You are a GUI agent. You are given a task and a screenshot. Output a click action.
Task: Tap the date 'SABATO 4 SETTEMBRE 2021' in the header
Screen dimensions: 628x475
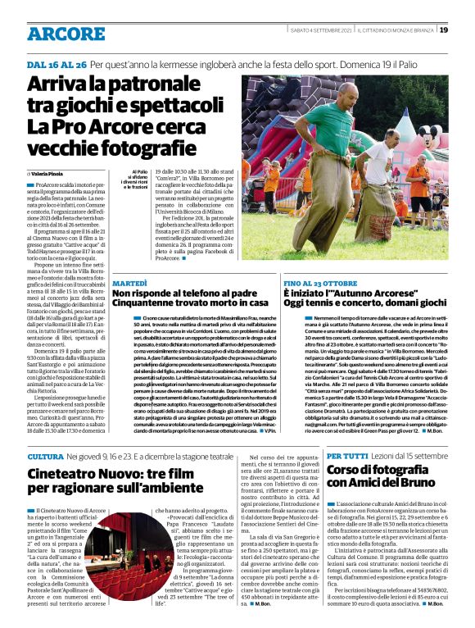tap(319, 30)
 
